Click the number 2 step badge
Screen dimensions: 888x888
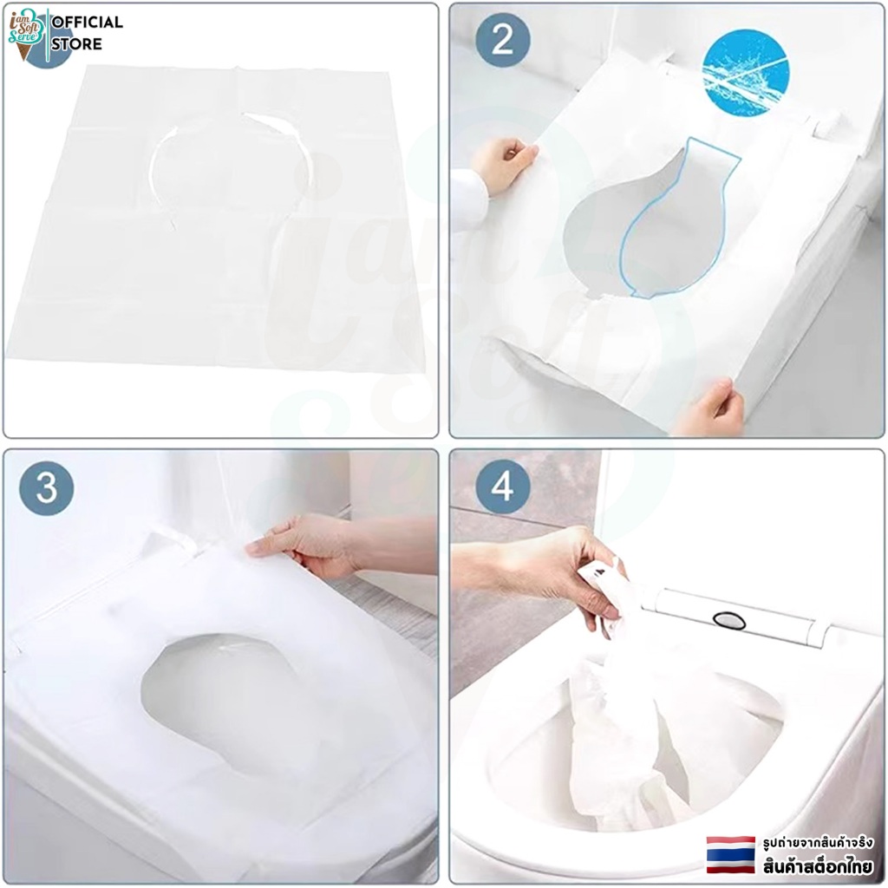503,41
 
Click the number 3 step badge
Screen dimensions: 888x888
47,487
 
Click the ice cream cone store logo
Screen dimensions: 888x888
26,34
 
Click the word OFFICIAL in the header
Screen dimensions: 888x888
87,22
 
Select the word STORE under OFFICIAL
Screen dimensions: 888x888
76,43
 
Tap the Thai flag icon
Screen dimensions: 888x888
730,854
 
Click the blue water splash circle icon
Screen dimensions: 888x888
747,72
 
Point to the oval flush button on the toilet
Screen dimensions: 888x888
729,621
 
